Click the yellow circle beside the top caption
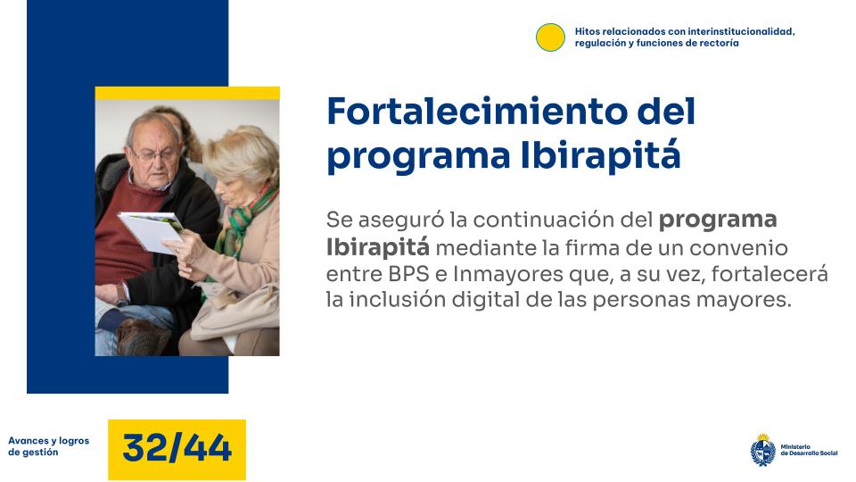[550, 37]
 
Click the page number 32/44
[177, 448]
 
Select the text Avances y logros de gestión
[48, 446]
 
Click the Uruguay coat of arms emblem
[762, 450]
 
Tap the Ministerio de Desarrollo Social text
[808, 450]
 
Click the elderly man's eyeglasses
[157, 155]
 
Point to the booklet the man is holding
[151, 230]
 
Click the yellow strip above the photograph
[187, 93]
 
